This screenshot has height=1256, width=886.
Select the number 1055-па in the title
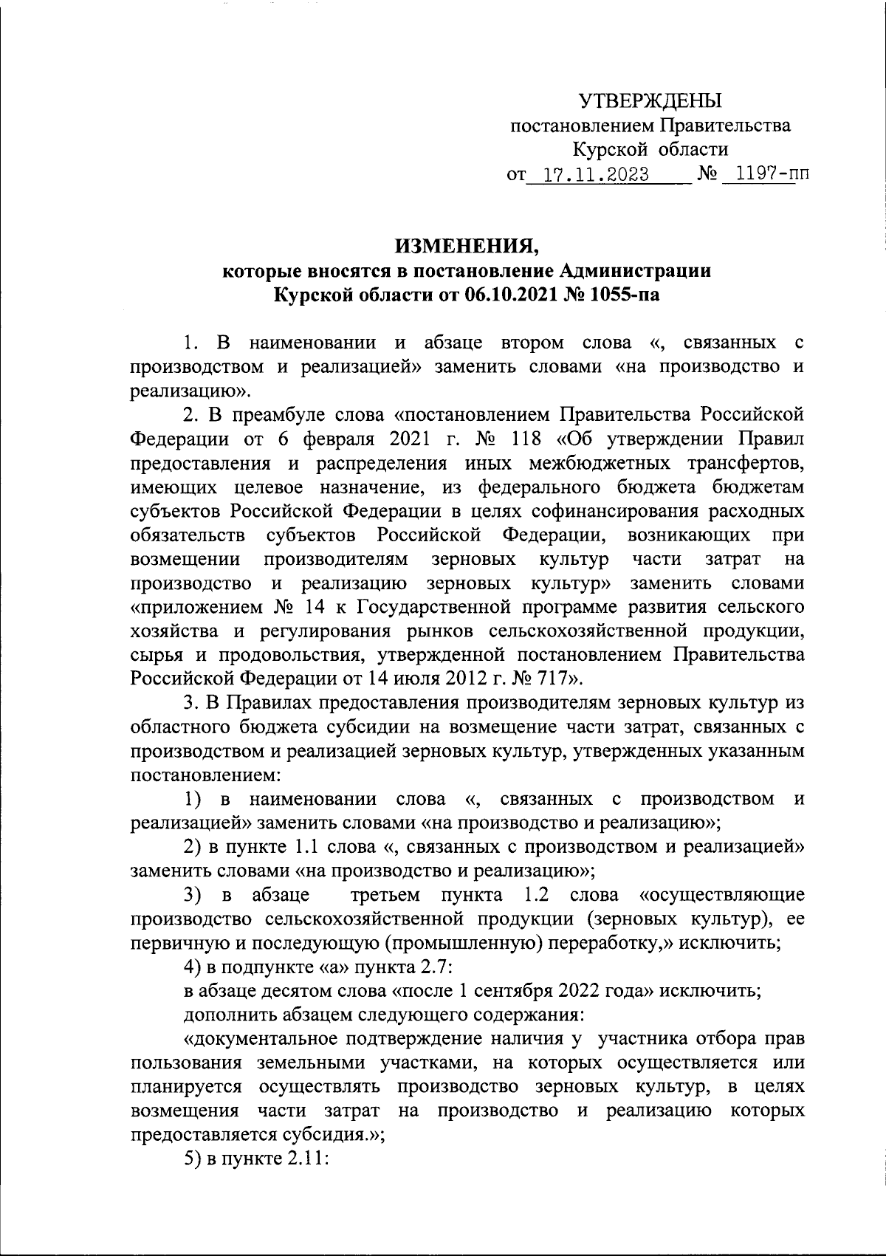[622, 295]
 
